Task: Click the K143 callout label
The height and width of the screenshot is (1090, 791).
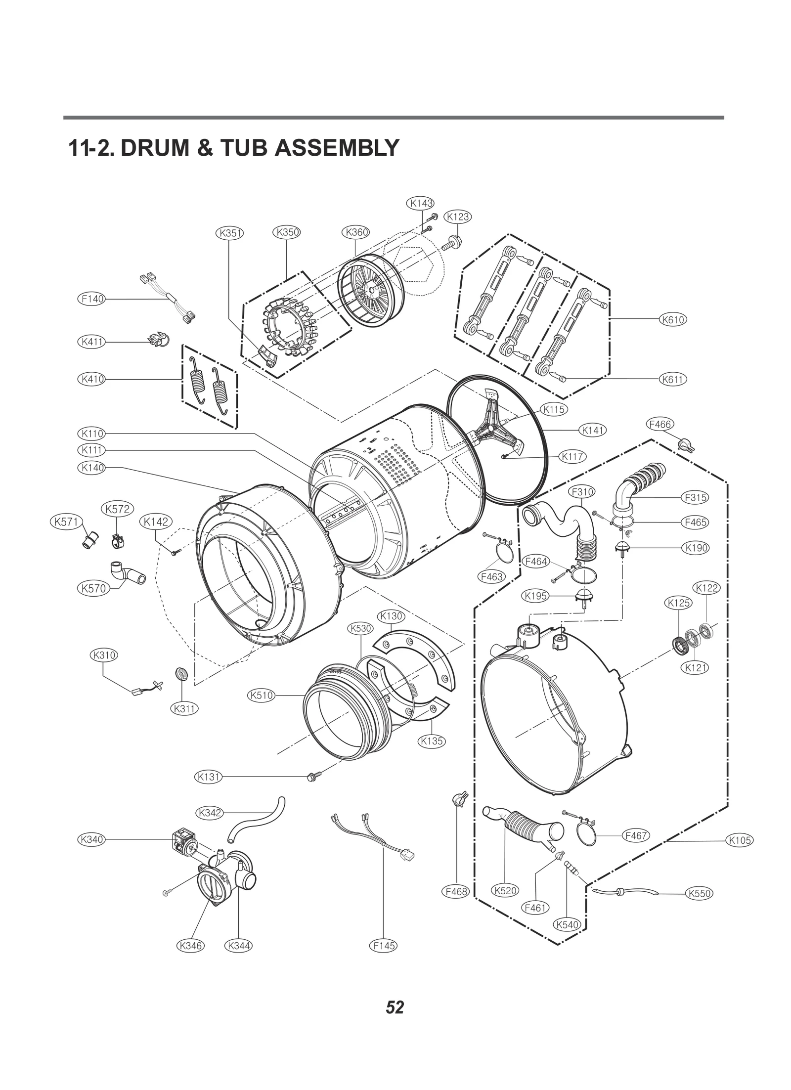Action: (x=420, y=203)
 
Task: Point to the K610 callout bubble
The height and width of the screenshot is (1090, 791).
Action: (x=673, y=319)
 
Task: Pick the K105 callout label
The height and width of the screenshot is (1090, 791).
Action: (x=740, y=840)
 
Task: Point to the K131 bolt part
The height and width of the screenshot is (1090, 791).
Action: (x=313, y=777)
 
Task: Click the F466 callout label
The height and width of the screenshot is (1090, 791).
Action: (x=659, y=424)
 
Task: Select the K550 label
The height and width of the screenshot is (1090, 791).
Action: (x=699, y=893)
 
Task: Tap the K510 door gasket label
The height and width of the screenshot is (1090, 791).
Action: (x=262, y=696)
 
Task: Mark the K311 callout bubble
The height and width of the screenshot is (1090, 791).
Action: (x=184, y=708)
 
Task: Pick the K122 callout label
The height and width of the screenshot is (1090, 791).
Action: (x=706, y=588)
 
